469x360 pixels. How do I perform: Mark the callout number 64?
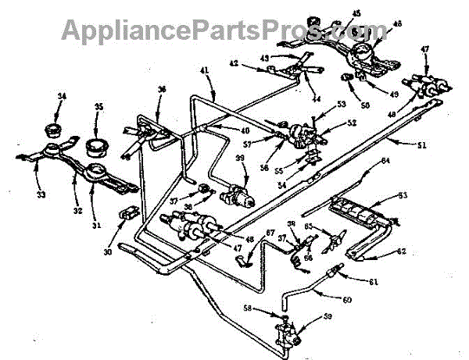(x=385, y=162)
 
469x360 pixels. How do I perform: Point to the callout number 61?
(x=373, y=282)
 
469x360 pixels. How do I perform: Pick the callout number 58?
(x=270, y=309)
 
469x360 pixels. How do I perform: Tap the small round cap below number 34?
(x=55, y=127)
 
